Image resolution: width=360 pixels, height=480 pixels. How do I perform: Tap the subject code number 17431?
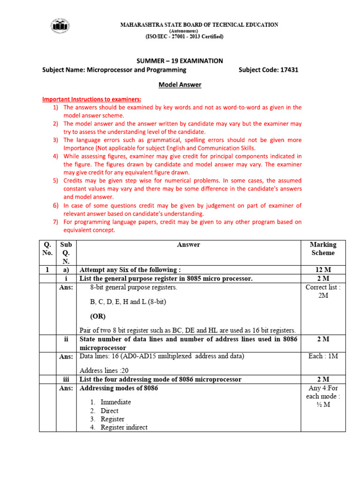(289, 70)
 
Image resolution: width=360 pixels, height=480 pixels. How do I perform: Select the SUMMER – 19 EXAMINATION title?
(180, 61)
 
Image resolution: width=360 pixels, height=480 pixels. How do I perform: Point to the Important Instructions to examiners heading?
(92, 99)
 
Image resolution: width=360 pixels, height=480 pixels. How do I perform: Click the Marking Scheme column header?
(323, 248)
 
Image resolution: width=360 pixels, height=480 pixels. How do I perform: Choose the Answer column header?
(188, 244)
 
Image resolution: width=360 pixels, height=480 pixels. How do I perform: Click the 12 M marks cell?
(323, 270)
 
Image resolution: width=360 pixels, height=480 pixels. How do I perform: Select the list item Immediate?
(116, 402)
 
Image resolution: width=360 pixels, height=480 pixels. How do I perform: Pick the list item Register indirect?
(124, 427)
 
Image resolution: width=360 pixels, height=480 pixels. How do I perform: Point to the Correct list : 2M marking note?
(323, 292)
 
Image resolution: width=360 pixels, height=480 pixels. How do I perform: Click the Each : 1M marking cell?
(323, 356)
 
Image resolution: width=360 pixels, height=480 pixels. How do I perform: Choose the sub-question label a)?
(66, 270)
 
